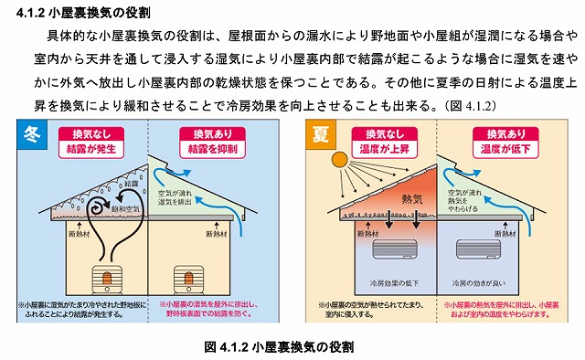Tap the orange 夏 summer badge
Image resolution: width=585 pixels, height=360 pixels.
pyautogui.click(x=320, y=134)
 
